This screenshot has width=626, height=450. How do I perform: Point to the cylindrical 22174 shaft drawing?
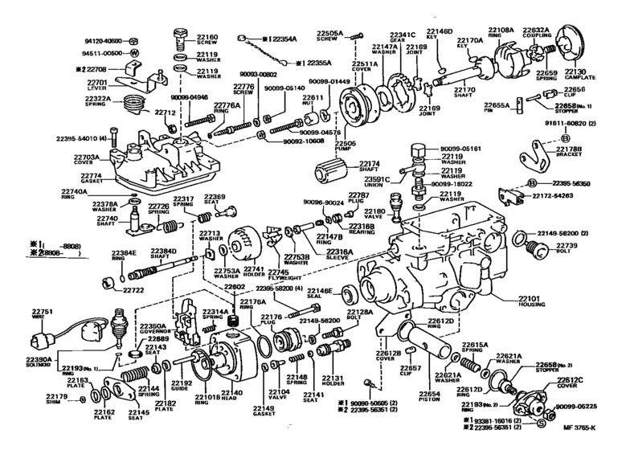[x=330, y=174]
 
